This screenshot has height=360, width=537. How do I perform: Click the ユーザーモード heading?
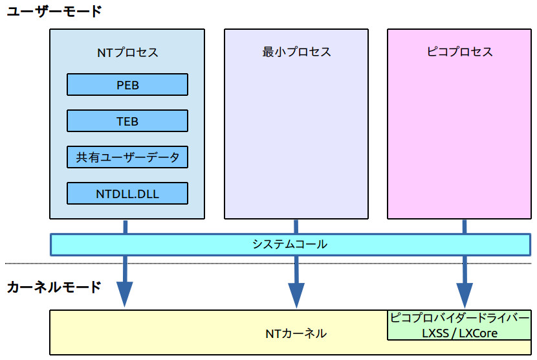pos(54,11)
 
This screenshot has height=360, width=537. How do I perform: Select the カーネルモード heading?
pos(54,287)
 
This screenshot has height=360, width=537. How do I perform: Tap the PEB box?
pos(127,85)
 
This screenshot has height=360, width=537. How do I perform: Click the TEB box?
pos(127,121)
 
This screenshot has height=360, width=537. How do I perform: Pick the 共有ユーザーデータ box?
pos(127,157)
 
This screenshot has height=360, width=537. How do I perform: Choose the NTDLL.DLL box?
pos(127,194)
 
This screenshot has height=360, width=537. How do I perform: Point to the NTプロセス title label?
pos(127,52)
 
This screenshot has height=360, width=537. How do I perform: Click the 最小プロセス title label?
pos(296,52)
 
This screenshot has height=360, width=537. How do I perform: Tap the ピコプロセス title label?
pos(460,52)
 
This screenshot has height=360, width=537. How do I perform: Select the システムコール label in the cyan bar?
pos(290,244)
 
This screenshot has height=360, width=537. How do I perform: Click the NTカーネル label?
pos(296,333)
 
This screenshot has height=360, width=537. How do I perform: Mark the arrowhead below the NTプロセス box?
pos(125,295)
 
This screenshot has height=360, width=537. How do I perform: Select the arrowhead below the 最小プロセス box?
pos(296,295)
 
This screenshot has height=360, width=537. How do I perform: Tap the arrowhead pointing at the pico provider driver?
pos(465,295)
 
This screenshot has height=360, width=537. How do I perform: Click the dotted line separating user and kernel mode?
pos(194,264)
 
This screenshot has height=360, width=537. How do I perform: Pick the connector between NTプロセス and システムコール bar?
pos(125,227)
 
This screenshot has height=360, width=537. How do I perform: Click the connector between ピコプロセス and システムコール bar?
pos(465,227)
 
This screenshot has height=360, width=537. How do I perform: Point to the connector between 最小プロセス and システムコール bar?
pos(296,227)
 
